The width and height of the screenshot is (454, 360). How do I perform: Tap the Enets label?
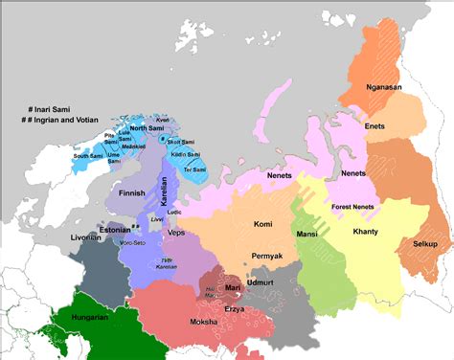click(x=375, y=126)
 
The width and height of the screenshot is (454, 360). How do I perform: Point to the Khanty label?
click(x=365, y=232)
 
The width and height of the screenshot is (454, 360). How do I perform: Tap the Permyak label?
click(x=265, y=257)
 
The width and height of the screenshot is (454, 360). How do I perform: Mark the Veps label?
click(x=176, y=233)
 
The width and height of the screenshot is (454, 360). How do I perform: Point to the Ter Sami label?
click(x=194, y=169)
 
